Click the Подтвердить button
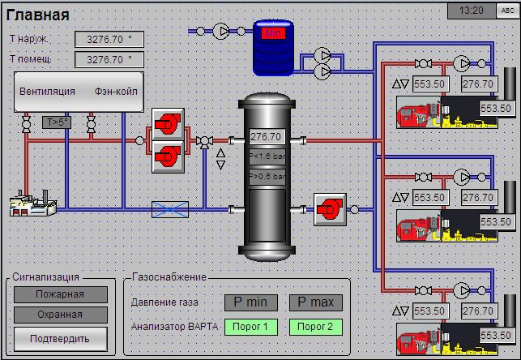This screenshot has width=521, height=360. coord(60,336)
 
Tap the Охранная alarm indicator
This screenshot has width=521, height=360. coord(60,315)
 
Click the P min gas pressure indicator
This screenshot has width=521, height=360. coord(251,303)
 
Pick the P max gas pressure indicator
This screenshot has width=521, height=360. coord(315,303)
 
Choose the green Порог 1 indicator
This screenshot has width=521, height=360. coord(251,327)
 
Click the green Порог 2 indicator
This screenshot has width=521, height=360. coord(315,327)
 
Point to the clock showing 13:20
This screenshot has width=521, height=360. coord(471,11)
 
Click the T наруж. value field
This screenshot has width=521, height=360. coord(109,39)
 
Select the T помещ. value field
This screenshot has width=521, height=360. coord(109,59)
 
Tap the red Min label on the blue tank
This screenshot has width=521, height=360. coord(271,33)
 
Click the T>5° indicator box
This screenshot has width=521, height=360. coord(57,122)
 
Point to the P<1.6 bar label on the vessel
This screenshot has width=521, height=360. coord(266,156)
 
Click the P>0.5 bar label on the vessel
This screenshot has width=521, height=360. coord(266,176)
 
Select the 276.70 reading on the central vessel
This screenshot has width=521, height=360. coord(266,137)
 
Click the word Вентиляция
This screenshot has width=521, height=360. coord(47,92)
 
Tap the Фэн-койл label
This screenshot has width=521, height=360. coord(116,92)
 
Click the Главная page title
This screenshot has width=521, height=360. coord(38,15)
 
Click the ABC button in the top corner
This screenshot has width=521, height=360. coord(508,11)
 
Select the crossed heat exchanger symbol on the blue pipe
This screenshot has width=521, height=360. coord(170,209)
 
